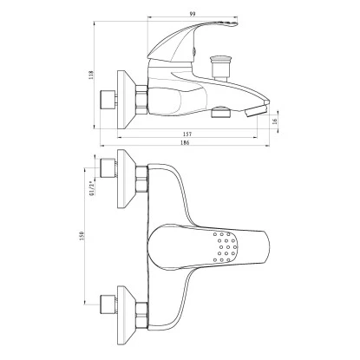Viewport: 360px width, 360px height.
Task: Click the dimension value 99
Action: coord(193,14)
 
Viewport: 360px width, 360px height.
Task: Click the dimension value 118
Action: coord(91,75)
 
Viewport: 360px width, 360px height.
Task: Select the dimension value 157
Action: coord(187,134)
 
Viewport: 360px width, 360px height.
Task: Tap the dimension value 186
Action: coord(185,142)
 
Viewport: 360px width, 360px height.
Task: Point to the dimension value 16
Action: coord(275,121)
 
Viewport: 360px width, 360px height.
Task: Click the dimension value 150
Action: coord(82,236)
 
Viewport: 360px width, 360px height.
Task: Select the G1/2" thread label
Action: coord(92,188)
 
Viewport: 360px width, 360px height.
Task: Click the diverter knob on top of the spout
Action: coord(221,67)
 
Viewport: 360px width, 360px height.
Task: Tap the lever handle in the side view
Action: coord(185,43)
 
